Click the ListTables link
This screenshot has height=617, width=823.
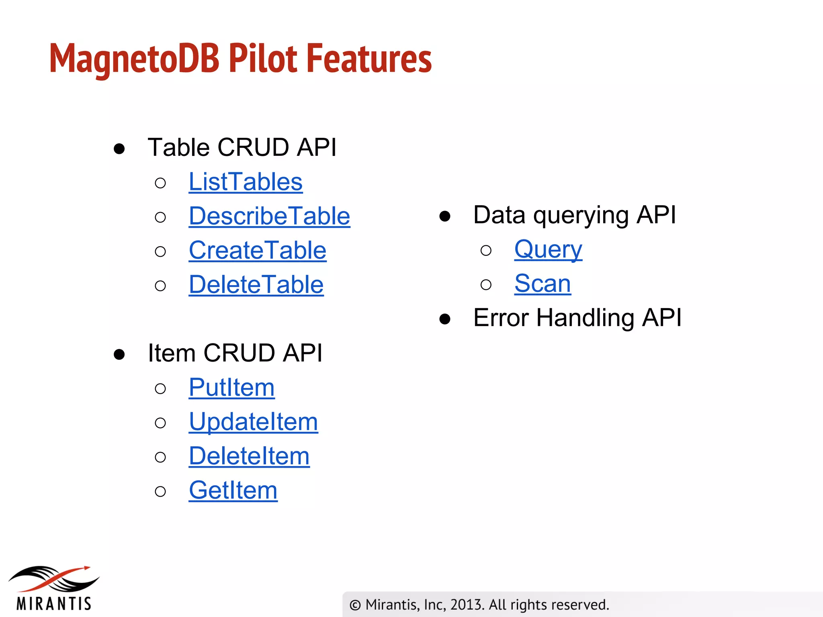(246, 182)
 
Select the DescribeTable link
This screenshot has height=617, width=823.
(269, 216)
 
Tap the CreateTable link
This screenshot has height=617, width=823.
(258, 251)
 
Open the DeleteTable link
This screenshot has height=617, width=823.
(256, 285)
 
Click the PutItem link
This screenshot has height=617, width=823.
(232, 388)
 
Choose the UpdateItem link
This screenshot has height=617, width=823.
(253, 422)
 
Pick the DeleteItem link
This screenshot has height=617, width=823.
(249, 456)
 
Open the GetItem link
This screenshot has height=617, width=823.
(233, 490)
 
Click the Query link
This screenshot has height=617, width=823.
(548, 249)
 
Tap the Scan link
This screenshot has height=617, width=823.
(543, 284)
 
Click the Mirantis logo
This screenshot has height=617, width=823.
(54, 588)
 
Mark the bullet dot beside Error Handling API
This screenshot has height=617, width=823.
(444, 319)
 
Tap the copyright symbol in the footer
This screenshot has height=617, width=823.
(355, 605)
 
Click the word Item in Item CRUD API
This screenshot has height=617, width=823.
(172, 353)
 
